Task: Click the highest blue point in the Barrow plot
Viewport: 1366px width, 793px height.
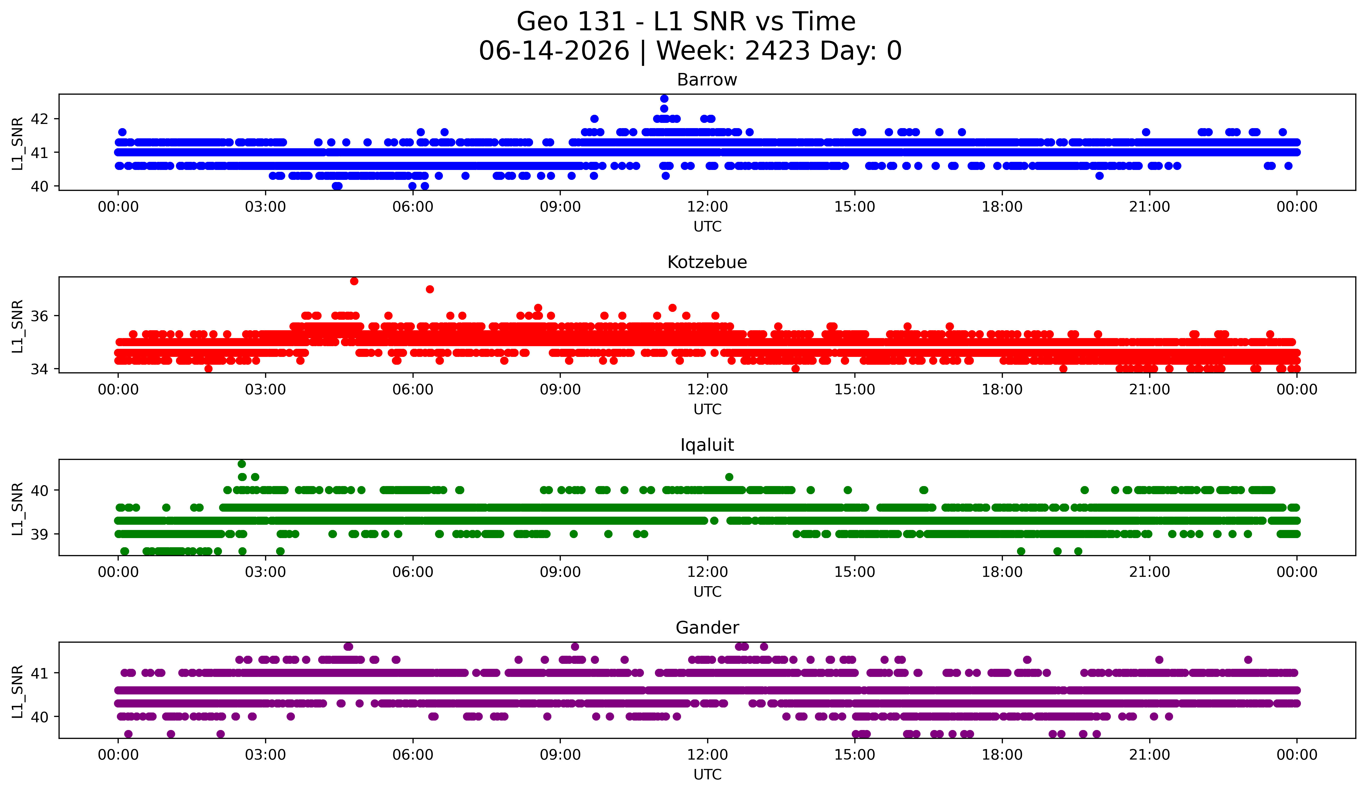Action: click(664, 99)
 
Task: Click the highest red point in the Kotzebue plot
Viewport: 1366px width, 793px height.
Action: click(354, 281)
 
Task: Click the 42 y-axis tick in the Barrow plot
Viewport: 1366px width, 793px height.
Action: click(39, 119)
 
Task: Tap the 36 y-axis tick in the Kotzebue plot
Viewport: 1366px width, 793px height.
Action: click(39, 316)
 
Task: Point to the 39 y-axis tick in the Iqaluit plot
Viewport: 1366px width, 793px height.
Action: click(39, 534)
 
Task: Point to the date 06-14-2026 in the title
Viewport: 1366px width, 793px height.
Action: click(554, 51)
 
